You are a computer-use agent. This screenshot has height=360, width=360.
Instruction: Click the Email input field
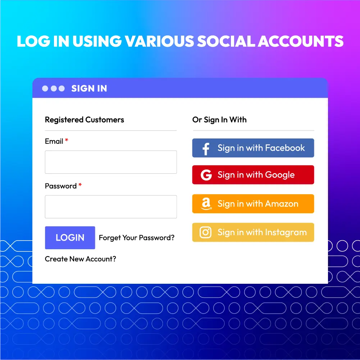(111, 162)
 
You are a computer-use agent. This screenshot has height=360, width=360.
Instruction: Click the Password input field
(111, 207)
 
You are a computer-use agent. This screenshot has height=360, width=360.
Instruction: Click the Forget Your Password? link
(137, 238)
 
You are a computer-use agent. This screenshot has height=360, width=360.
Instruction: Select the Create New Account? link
(81, 259)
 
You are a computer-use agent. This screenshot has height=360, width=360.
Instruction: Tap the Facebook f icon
(206, 148)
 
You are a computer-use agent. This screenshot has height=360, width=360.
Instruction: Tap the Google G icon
(206, 175)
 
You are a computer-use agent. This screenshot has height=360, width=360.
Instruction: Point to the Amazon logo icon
(206, 204)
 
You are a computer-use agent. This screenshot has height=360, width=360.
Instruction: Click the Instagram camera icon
(206, 232)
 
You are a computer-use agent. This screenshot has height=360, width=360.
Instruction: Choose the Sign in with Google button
(253, 175)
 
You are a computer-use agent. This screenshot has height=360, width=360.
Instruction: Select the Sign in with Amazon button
(253, 204)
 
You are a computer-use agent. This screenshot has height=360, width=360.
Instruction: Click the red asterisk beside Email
(67, 141)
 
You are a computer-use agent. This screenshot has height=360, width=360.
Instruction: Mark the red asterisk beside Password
(80, 185)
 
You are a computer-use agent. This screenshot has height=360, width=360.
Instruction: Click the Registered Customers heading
(85, 120)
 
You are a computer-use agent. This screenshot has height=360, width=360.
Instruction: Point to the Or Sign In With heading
(219, 120)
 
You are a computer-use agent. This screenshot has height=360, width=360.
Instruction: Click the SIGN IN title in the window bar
(89, 88)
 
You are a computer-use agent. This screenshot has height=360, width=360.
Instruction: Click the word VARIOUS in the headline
(158, 42)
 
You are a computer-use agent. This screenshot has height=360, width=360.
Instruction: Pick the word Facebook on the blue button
(285, 148)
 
